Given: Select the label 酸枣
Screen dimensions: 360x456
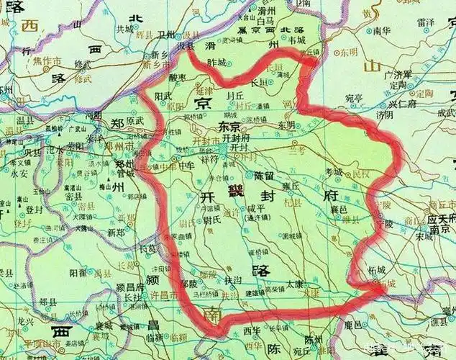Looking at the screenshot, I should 178,77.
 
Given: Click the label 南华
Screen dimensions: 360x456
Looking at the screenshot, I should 381,32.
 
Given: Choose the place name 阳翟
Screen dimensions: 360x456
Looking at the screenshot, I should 78,273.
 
